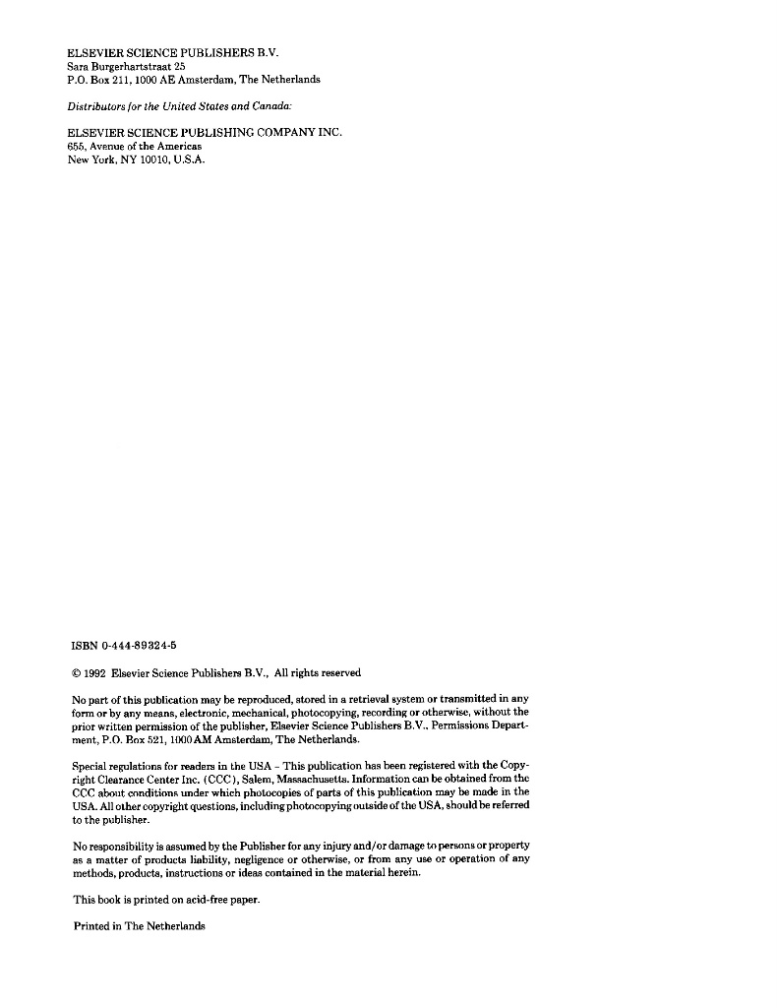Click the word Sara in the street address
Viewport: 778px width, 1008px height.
click(77, 65)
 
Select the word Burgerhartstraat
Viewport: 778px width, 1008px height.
click(130, 65)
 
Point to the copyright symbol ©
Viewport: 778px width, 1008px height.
click(78, 673)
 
